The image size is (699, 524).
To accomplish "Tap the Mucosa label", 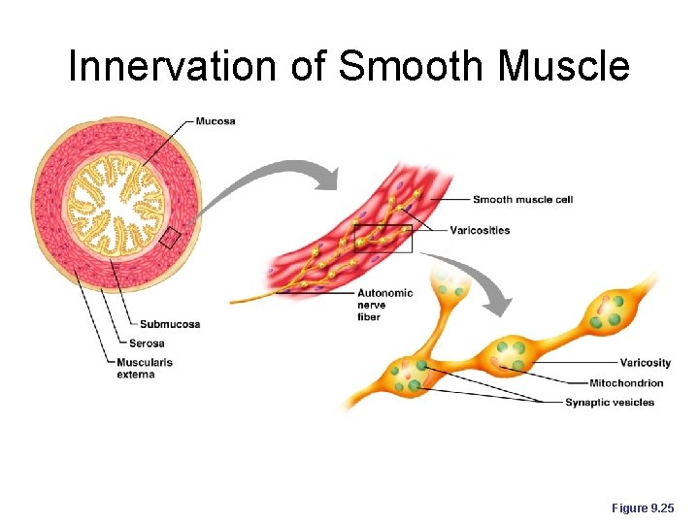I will click(x=216, y=121).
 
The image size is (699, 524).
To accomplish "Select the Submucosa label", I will click(x=170, y=324).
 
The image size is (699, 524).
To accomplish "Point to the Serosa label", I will click(x=147, y=343).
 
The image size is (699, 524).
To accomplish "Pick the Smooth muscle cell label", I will click(x=522, y=200).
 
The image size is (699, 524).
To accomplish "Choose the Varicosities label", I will click(x=480, y=230).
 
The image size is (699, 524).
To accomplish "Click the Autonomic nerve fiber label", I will click(x=384, y=305).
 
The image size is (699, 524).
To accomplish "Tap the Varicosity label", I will click(x=646, y=363).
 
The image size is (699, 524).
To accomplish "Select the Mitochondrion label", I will click(x=626, y=383).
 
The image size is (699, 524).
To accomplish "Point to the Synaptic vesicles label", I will click(x=610, y=403).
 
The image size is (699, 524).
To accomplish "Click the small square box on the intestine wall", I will click(x=170, y=237).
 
